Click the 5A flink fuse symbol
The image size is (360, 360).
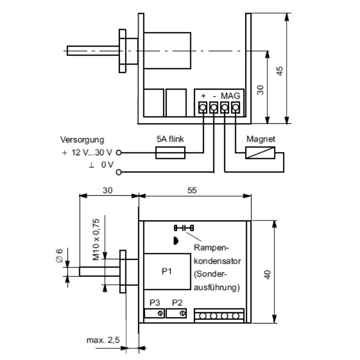(x=171, y=153)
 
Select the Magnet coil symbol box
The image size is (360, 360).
(x=261, y=153)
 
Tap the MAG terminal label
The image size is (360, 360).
(x=230, y=96)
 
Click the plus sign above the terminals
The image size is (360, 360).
(x=203, y=96)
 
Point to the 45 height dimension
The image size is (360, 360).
(x=279, y=71)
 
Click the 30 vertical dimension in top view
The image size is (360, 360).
(x=260, y=89)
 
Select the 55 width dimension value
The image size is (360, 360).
(x=192, y=190)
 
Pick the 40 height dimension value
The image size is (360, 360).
(x=267, y=274)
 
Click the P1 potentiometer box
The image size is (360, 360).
(x=167, y=271)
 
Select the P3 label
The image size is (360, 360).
(x=154, y=302)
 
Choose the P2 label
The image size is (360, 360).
(x=177, y=302)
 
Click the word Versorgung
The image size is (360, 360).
(x=82, y=140)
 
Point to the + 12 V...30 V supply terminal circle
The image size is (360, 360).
(x=119, y=153)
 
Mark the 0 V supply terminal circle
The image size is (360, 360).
(x=119, y=172)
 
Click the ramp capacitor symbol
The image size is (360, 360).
(x=183, y=227)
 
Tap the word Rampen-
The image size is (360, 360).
(x=211, y=248)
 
